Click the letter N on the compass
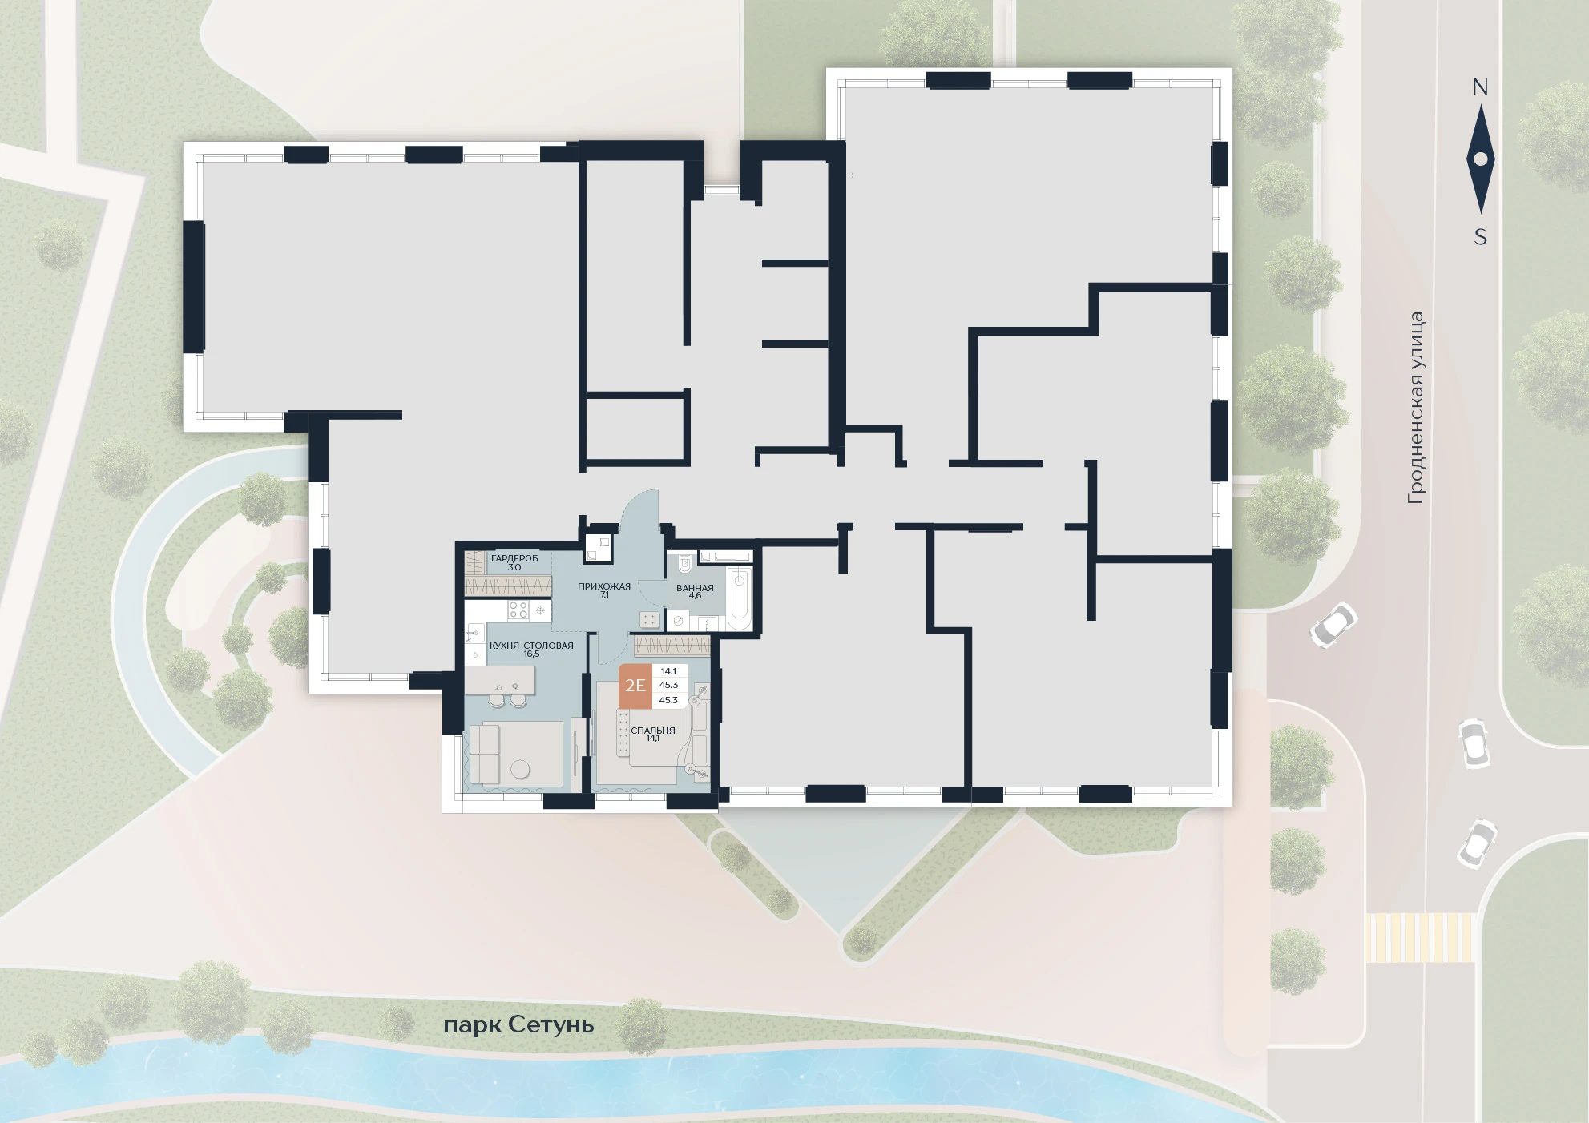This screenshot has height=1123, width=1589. click(x=1480, y=87)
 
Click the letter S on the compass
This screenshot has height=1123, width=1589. click(x=1481, y=237)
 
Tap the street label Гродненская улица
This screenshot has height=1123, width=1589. click(x=1416, y=408)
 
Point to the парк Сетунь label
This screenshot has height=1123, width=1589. click(x=518, y=1025)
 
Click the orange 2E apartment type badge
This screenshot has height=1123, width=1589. click(x=635, y=686)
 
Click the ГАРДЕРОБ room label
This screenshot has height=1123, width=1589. click(x=514, y=558)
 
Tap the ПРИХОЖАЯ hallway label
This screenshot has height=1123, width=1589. click(x=604, y=586)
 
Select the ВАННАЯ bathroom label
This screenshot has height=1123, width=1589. click(x=695, y=588)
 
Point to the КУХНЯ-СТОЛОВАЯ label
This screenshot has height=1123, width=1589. click(x=531, y=646)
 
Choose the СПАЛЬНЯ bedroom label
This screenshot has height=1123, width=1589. click(x=653, y=731)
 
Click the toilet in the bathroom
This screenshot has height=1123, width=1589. click(x=684, y=563)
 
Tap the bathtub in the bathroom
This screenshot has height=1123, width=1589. click(x=740, y=596)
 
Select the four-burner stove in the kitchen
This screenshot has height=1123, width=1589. click(x=518, y=610)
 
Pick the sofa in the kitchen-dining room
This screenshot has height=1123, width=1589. click(x=484, y=754)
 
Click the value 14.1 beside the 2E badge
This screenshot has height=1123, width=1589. click(x=669, y=671)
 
